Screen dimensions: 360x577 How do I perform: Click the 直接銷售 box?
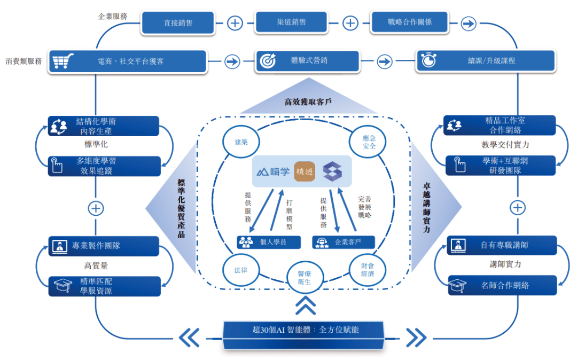(178, 23)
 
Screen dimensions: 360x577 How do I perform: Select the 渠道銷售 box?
(291, 22)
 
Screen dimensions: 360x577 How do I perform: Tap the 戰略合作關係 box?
(410, 22)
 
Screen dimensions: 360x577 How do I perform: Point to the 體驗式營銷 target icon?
(267, 61)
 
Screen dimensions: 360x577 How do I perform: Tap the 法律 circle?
(240, 270)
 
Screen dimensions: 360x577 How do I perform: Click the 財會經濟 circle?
(367, 270)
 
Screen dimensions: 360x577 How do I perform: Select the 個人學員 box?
(269, 242)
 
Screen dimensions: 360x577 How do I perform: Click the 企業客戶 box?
(343, 242)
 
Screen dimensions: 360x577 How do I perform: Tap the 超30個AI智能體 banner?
(303, 330)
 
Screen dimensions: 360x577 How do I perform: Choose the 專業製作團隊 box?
(104, 246)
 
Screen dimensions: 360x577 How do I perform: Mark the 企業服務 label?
(113, 16)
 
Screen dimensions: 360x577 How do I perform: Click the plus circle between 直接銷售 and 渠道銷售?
(235, 23)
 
